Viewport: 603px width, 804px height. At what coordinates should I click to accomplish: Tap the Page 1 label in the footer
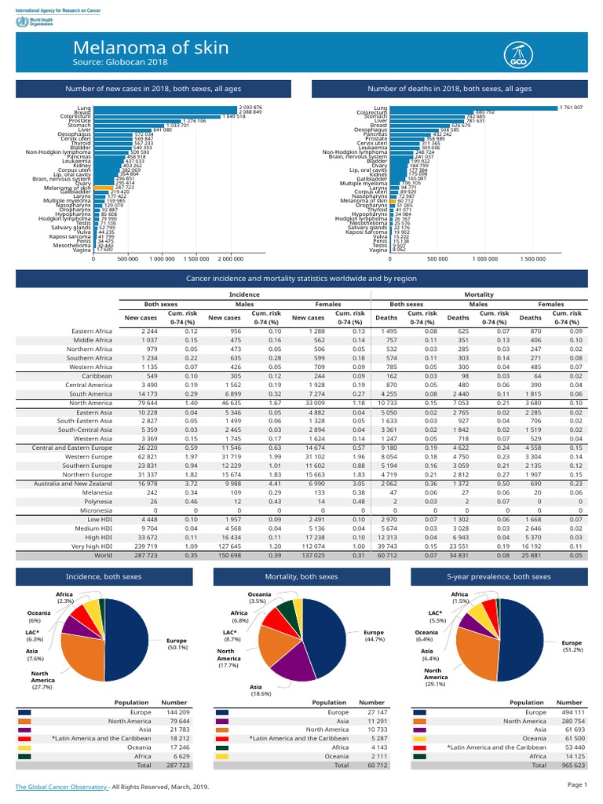[576, 785]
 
